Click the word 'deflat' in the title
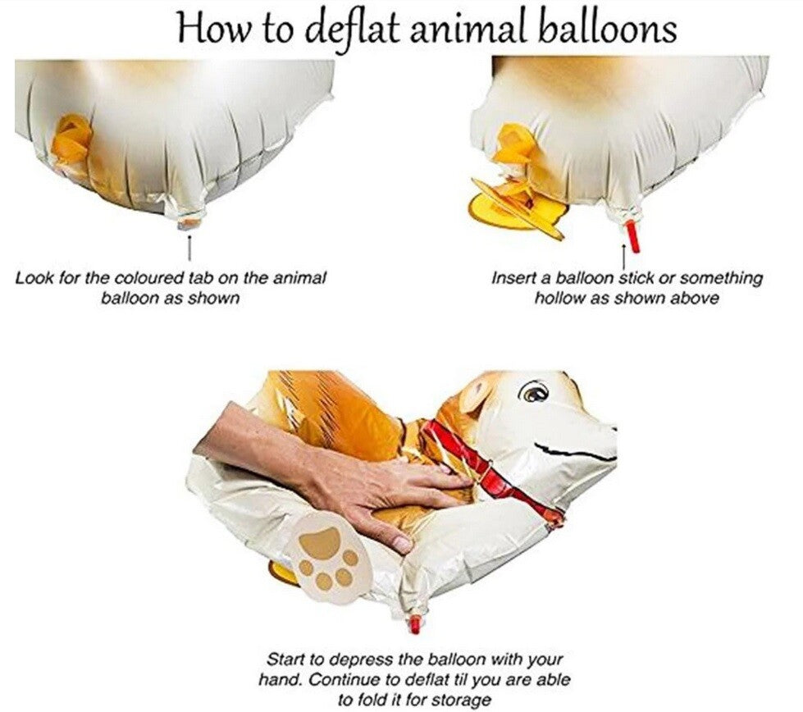352,30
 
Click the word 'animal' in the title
468,30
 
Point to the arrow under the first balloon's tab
189,248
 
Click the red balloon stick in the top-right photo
633,235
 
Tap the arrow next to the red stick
623,256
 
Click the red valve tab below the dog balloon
415,624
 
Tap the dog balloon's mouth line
573,452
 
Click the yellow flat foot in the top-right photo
518,209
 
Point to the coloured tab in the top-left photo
189,223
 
